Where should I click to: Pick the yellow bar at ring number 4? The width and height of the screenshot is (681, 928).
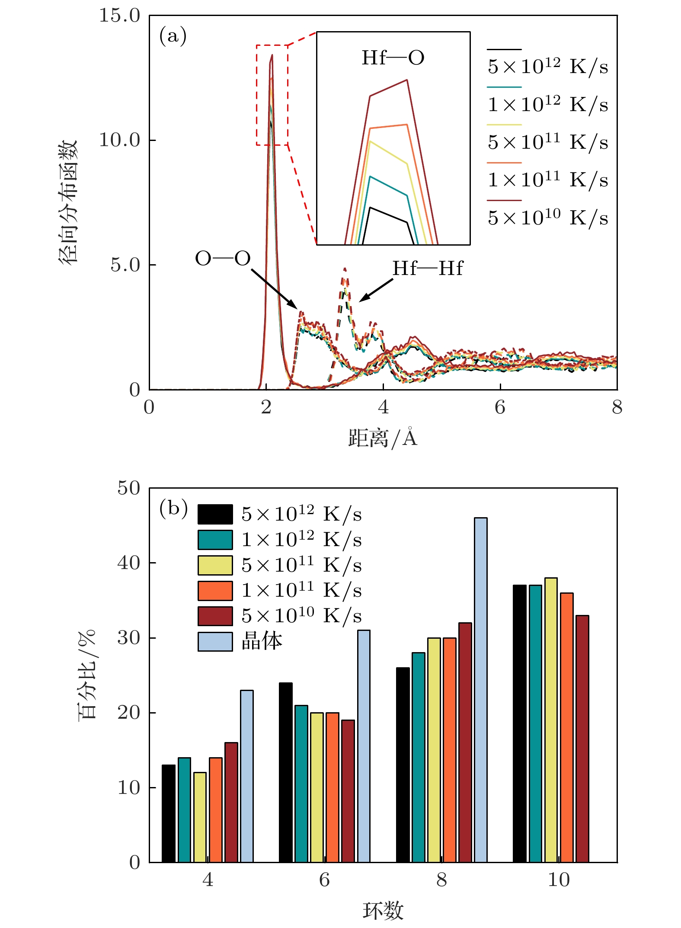pos(200,817)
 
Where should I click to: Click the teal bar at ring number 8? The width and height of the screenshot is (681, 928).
pos(418,757)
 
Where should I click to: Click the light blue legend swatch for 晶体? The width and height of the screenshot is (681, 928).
pos(215,642)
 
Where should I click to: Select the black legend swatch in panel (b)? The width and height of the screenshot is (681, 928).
pos(215,514)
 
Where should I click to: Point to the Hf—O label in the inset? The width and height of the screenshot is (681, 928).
pos(393,58)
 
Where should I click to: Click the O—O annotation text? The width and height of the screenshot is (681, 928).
pos(223,259)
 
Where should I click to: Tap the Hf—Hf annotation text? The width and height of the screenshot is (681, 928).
pos(427,269)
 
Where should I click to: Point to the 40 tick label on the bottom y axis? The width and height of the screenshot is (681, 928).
pos(128,563)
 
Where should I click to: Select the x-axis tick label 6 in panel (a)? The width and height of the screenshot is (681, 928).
pos(500,407)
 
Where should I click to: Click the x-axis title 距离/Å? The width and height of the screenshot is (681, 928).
pos(383,438)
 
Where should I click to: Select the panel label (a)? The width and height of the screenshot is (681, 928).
pos(173,35)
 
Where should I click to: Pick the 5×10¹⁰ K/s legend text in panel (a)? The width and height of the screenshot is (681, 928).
pos(547,218)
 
